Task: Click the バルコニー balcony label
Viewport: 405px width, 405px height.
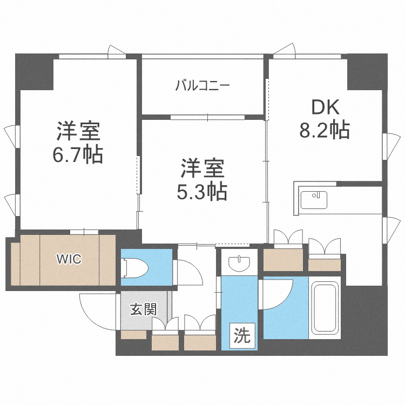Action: click(203, 85)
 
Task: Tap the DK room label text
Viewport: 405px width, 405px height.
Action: click(324, 107)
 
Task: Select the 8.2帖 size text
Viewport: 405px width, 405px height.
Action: click(324, 130)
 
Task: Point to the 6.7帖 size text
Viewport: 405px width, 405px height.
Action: click(78, 155)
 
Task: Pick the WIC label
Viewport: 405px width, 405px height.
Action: click(69, 259)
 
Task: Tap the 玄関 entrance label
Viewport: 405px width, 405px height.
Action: click(143, 309)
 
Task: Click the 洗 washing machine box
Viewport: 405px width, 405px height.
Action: click(242, 336)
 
